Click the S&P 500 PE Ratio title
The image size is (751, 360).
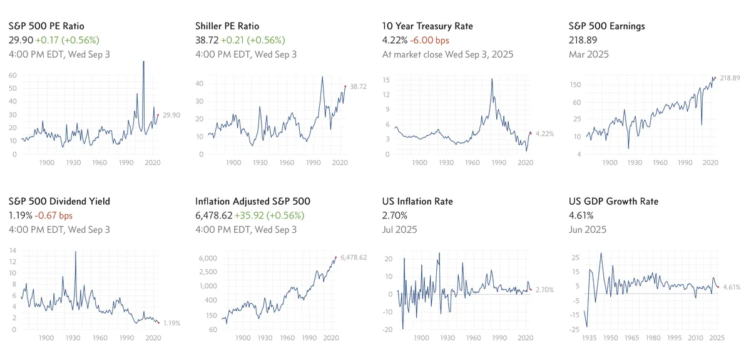50,26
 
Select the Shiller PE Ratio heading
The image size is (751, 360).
233,26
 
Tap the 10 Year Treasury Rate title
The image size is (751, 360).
427,26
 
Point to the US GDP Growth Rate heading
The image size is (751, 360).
614,202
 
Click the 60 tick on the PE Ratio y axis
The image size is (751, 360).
13,75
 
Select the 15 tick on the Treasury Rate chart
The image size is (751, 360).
387,80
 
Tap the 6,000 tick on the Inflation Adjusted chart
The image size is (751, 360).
207,258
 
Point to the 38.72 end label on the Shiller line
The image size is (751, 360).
359,86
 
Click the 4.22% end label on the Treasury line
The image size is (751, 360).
544,133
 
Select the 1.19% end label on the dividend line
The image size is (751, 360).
172,323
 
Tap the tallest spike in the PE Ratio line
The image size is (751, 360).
144,62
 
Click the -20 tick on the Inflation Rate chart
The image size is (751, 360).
388,329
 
